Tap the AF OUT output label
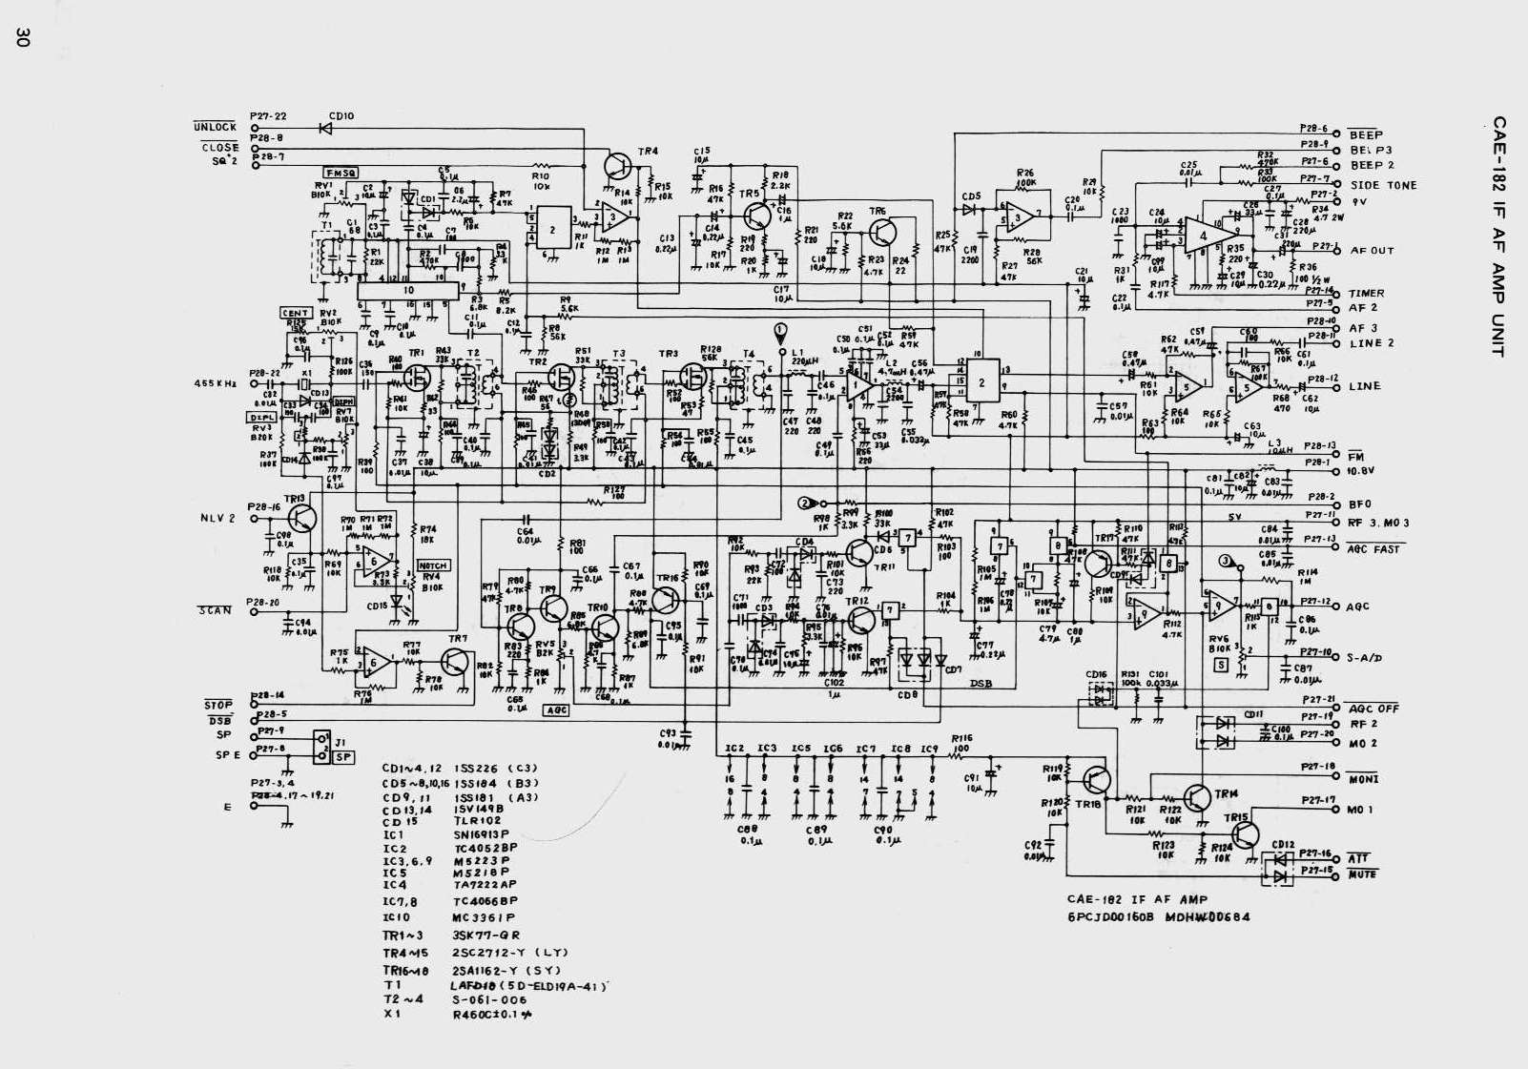pos(1372,251)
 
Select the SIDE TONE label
pos(1383,186)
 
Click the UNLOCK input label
pos(215,127)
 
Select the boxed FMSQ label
pos(341,173)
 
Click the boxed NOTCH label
pos(432,565)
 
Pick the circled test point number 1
pos(781,330)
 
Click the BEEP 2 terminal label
pos(1372,166)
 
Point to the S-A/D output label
pos(1365,658)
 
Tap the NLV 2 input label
pos(217,518)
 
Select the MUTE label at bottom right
pos(1363,874)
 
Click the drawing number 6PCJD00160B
pos(1110,918)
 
